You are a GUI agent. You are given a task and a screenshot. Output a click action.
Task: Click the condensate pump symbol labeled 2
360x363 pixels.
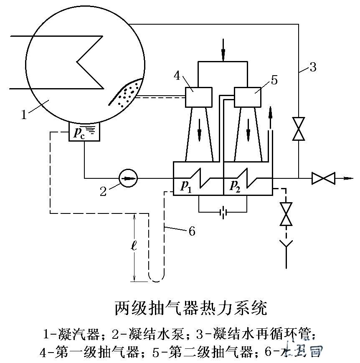click(x=128, y=178)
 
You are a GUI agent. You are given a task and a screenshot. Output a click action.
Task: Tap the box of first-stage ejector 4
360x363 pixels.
click(x=198, y=97)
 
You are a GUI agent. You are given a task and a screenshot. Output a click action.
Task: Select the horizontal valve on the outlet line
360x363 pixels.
click(x=323, y=178)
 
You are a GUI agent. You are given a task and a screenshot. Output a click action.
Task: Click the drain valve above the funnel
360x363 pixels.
click(x=286, y=214)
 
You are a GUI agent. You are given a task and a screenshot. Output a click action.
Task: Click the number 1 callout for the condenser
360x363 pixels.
click(x=24, y=114)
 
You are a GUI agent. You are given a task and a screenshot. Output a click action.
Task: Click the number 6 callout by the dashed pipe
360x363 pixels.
click(x=192, y=231)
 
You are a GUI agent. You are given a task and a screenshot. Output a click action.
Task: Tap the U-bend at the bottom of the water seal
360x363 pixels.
click(x=156, y=278)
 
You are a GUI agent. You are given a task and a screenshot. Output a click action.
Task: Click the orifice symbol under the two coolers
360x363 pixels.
click(x=223, y=213)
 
